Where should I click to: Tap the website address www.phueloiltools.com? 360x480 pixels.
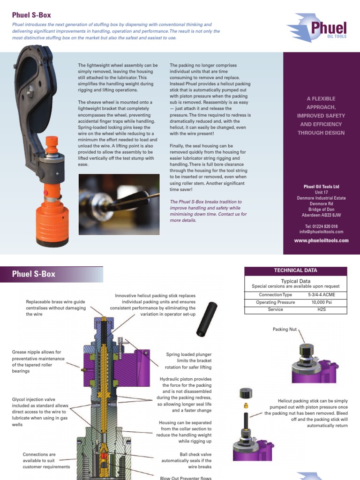point(321,240)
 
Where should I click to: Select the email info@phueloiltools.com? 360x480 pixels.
point(321,232)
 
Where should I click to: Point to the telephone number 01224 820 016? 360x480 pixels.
point(321,226)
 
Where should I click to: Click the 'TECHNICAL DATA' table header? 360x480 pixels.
point(295,270)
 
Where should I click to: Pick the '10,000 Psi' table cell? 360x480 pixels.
point(321,302)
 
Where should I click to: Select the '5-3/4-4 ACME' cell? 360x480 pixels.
point(321,295)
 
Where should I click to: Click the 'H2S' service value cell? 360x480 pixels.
point(321,310)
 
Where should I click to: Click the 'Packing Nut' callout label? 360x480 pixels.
point(285,330)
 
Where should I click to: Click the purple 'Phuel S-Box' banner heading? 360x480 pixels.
point(34,274)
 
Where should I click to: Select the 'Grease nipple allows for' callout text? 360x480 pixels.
point(36,352)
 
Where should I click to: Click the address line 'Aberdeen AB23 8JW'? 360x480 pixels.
point(321,215)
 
